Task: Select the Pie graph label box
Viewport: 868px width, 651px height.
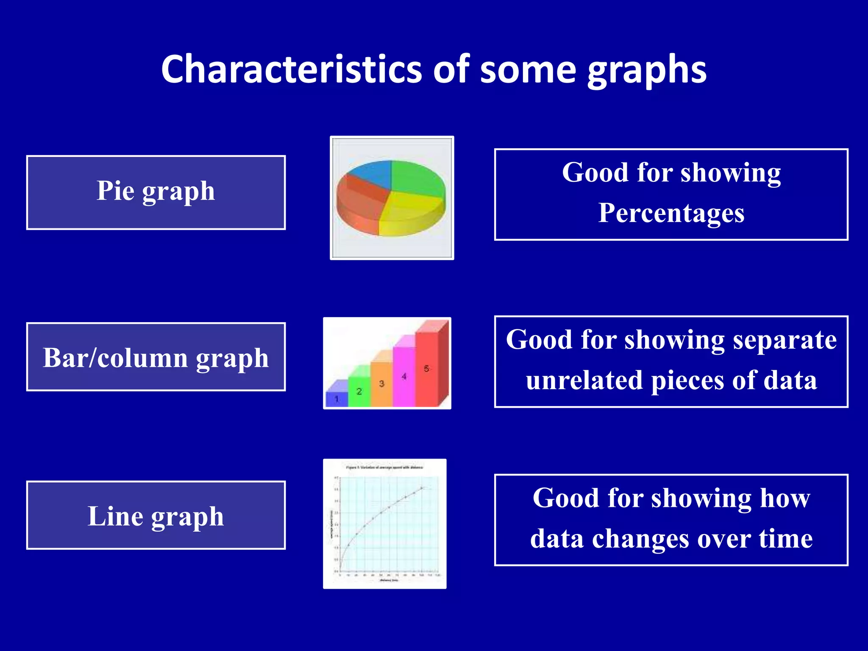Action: [156, 192]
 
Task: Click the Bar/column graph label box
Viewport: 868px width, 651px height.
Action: [156, 357]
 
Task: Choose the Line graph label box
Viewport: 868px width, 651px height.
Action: [156, 515]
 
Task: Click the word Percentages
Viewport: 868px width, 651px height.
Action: [671, 213]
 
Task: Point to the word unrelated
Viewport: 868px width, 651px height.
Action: [585, 380]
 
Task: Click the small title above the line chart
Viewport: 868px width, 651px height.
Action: [384, 467]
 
